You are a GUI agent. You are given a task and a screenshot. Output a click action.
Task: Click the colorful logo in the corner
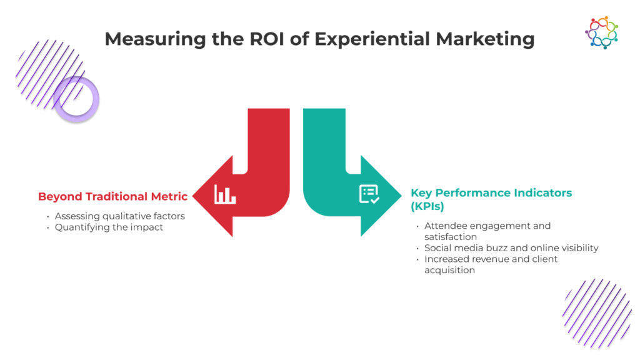pyautogui.click(x=601, y=32)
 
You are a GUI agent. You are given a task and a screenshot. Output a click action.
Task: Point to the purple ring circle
pyautogui.click(x=76, y=99)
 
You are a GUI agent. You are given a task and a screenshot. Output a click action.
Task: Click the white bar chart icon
pyautogui.click(x=224, y=194)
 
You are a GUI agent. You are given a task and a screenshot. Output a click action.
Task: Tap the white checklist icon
pyautogui.click(x=369, y=194)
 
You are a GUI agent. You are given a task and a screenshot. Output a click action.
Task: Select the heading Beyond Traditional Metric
pyautogui.click(x=112, y=196)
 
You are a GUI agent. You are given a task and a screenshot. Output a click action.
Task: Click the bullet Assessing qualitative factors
pyautogui.click(x=119, y=216)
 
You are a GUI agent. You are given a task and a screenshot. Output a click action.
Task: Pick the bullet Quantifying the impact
pyautogui.click(x=109, y=227)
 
